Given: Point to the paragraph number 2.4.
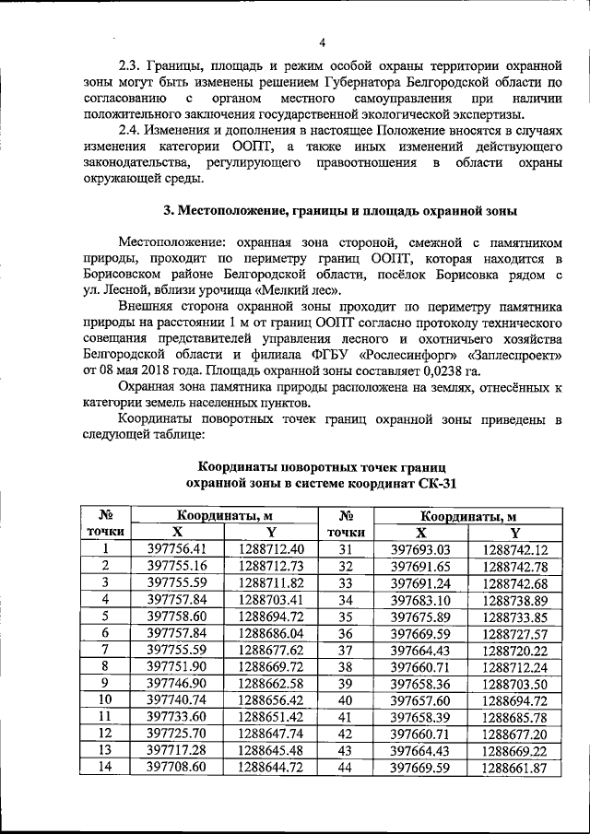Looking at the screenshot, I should pyautogui.click(x=134, y=131).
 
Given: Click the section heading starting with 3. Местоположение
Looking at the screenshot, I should pyautogui.click(x=340, y=210).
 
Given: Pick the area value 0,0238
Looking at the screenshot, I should pyautogui.click(x=488, y=370).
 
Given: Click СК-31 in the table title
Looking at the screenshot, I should pyautogui.click(x=431, y=483).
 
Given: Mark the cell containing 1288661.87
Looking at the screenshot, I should pyautogui.click(x=513, y=767).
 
